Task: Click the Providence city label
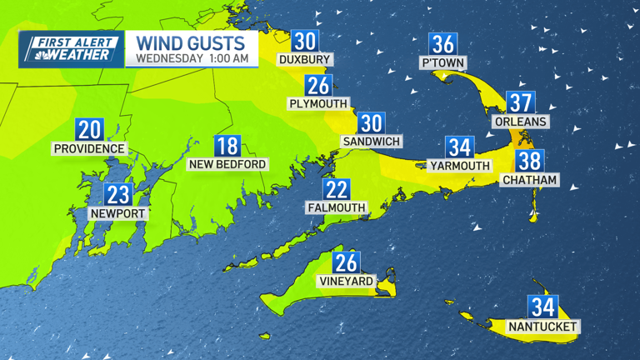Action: (x=89, y=149)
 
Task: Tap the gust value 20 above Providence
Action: (x=89, y=129)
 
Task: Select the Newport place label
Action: (x=118, y=214)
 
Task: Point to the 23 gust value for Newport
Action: (x=118, y=194)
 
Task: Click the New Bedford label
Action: (x=227, y=165)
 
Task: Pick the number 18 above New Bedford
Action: (x=227, y=146)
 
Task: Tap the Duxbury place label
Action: (x=305, y=60)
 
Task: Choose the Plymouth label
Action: (x=318, y=104)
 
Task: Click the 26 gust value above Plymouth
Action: (x=318, y=85)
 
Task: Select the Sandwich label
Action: (x=371, y=142)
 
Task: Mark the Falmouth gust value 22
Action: (x=337, y=189)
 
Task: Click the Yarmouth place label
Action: (x=460, y=166)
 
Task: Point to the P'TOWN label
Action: (x=442, y=63)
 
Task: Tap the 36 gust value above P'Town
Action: (x=442, y=43)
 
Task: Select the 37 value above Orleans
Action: (x=521, y=102)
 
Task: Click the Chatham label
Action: (x=529, y=180)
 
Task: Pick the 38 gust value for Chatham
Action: (x=529, y=160)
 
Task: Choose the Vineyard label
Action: (x=346, y=282)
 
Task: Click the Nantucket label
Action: (x=542, y=327)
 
